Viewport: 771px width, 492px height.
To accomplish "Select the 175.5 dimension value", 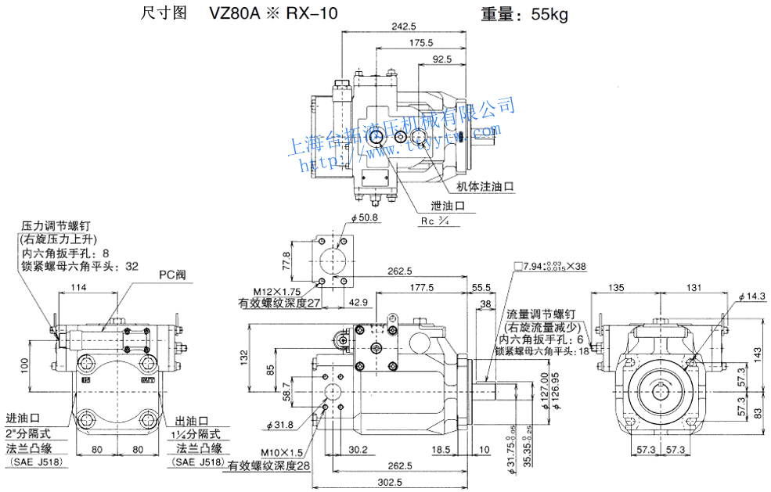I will [420, 42].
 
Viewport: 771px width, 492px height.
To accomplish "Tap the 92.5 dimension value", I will [441, 59].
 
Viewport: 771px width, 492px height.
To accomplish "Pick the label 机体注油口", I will [485, 187].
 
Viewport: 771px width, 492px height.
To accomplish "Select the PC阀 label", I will [173, 275].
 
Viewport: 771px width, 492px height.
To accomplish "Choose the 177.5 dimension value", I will [421, 287].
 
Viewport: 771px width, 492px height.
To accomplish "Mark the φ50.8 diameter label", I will [365, 218].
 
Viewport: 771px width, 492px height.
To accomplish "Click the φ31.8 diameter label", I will [279, 425].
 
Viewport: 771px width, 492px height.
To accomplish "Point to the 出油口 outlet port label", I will [191, 420].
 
